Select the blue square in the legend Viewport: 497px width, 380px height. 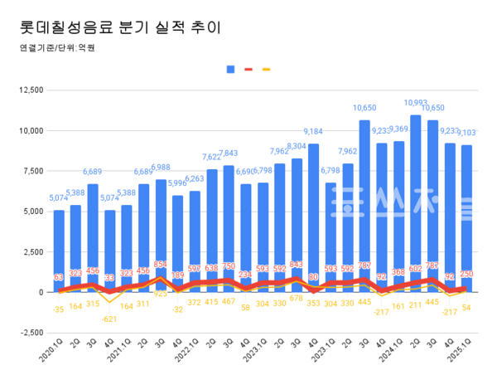[x=231, y=69]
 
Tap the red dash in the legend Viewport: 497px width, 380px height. [x=248, y=69]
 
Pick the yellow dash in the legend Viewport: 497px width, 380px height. [x=266, y=69]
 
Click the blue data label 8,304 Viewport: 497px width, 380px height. [x=296, y=146]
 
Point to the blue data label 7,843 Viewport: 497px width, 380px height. [x=228, y=153]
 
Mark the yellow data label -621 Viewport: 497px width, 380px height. [x=109, y=319]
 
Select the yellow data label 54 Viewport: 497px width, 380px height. [x=466, y=308]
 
